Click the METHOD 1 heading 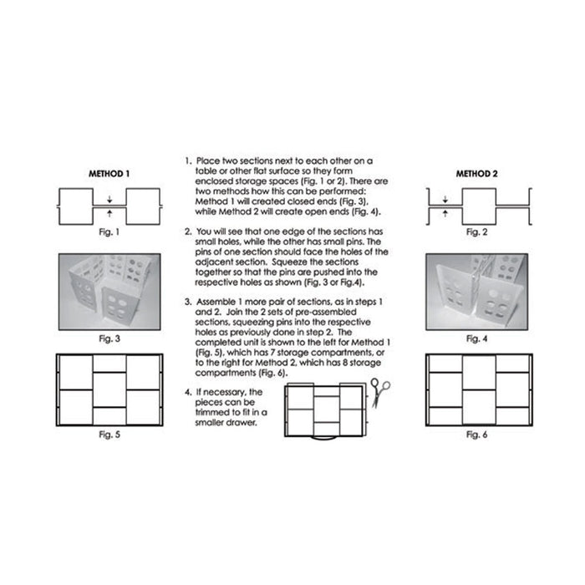pos(109,174)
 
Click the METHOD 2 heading pos(477,174)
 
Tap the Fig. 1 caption pos(109,232)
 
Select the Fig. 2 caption pos(477,232)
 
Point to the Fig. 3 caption pos(109,338)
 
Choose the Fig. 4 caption pos(477,338)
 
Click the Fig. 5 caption pos(109,435)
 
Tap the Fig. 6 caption pos(477,435)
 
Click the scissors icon pos(379,393)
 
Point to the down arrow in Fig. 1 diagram pos(109,200)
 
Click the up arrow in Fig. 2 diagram pos(445,213)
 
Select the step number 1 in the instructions pos(188,161)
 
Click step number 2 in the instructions pos(188,231)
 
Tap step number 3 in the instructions pos(188,302)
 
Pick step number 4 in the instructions pos(188,393)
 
